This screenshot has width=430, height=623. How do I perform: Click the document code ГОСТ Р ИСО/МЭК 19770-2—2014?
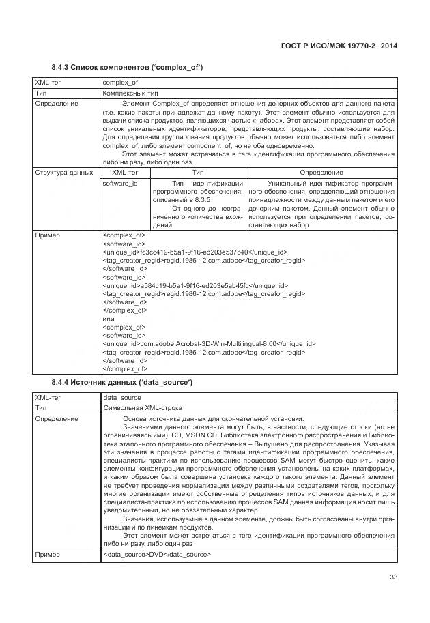click(x=339, y=46)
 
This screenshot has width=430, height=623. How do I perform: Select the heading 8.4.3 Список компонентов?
click(x=127, y=67)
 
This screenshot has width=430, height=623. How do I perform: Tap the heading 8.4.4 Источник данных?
click(x=121, y=382)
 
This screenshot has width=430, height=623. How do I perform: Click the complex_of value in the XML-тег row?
click(x=119, y=83)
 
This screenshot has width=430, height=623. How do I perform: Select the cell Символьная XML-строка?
click(x=137, y=407)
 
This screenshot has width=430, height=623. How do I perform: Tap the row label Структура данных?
click(x=63, y=173)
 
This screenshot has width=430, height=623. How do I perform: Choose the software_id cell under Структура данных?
click(x=119, y=184)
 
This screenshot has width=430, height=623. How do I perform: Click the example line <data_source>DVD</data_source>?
click(x=156, y=555)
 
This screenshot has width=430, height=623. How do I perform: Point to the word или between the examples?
click(x=108, y=318)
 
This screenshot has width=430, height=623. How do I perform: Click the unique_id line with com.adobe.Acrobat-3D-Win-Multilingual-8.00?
click(x=209, y=343)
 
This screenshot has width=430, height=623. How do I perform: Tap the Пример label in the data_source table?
click(x=47, y=555)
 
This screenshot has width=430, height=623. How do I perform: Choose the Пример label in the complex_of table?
click(x=47, y=235)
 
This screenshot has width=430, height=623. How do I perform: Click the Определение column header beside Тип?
click(x=321, y=173)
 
